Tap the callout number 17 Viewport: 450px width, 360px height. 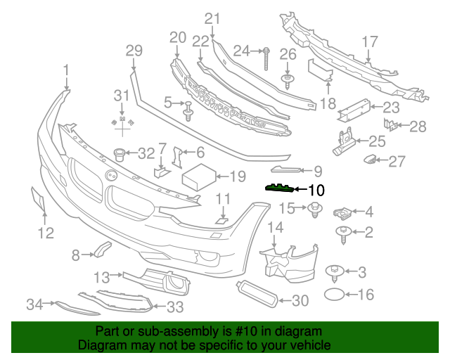pos(370,42)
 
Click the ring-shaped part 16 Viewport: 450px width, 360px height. pos(335,295)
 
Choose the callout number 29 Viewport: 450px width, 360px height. pos(134,50)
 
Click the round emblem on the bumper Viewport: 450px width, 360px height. pos(110,175)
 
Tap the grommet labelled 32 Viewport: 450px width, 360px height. pos(120,153)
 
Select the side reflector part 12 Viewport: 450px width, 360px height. pos(39,200)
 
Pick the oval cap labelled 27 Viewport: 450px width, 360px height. pos(368,161)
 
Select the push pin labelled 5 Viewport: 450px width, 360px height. pos(188,110)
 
